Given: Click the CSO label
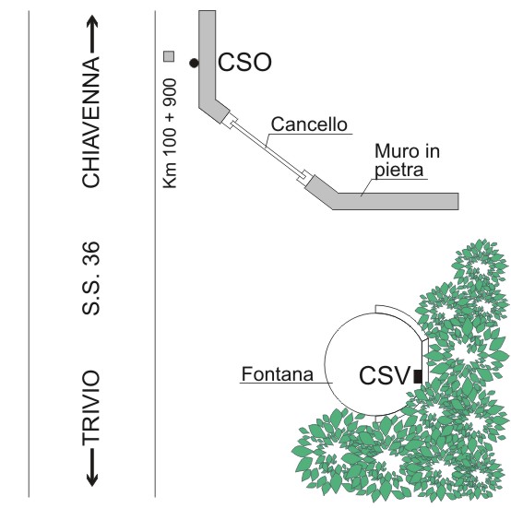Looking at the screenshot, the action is (x=244, y=62).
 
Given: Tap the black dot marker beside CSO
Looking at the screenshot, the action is (x=194, y=64).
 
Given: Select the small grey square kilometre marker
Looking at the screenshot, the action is (x=169, y=56).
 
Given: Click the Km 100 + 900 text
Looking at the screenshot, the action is (x=170, y=134).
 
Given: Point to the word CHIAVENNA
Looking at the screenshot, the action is (x=90, y=122).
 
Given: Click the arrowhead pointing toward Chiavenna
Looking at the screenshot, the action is (x=92, y=22).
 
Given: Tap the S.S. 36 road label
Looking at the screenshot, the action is (x=90, y=278).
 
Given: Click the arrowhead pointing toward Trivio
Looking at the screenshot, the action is (x=92, y=479).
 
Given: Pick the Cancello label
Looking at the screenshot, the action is (x=309, y=124).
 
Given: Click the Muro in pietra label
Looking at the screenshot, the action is (x=407, y=160).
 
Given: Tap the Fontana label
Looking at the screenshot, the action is (x=278, y=374).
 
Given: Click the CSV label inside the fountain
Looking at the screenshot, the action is (x=384, y=376).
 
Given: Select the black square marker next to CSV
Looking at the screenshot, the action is (x=418, y=376).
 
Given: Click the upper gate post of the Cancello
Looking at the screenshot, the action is (x=230, y=121).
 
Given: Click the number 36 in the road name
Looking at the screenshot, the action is (x=90, y=254).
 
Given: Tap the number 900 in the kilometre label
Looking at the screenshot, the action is (x=170, y=92).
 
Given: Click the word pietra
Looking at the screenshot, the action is (x=398, y=171).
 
